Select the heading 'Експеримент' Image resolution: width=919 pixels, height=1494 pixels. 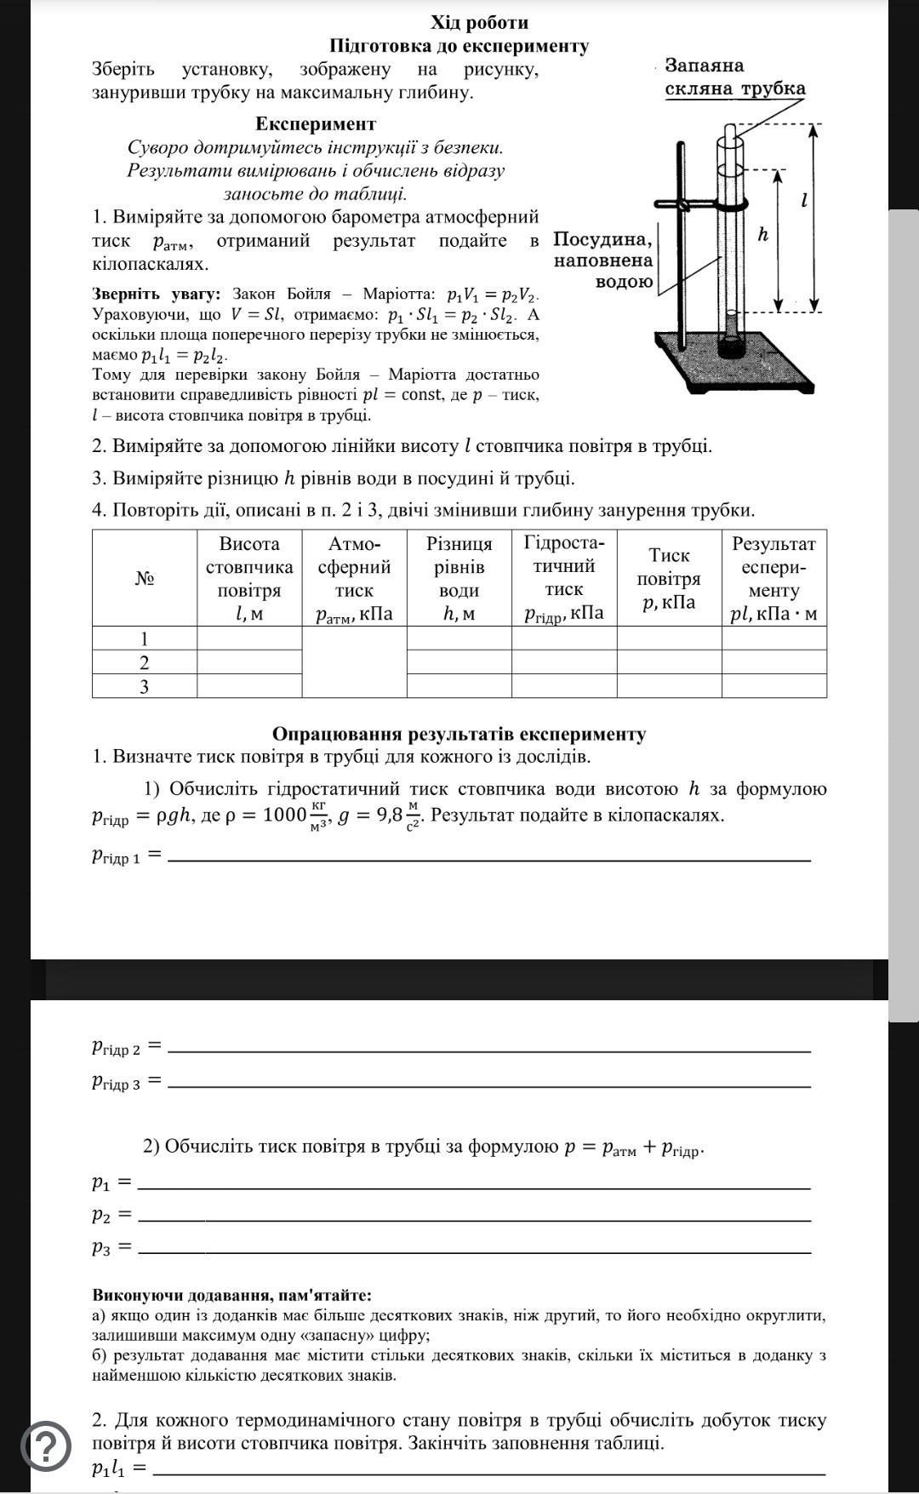pyautogui.click(x=316, y=124)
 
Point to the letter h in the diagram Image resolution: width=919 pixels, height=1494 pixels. pyautogui.click(x=763, y=233)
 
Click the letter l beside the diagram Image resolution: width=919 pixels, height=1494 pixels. pyautogui.click(x=803, y=201)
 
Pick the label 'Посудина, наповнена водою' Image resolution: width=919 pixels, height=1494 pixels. pyautogui.click(x=603, y=260)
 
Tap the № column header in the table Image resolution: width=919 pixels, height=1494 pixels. pyautogui.click(x=144, y=578)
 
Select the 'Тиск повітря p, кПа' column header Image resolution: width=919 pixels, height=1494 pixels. pyautogui.click(x=669, y=579)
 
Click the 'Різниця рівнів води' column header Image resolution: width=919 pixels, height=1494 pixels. pyautogui.click(x=459, y=578)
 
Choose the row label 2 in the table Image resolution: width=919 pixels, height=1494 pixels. pyautogui.click(x=144, y=662)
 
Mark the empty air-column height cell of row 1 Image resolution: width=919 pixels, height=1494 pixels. pyautogui.click(x=249, y=638)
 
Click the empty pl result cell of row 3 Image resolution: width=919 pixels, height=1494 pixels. pyautogui.click(x=773, y=686)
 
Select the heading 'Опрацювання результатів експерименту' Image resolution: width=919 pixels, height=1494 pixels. pyautogui.click(x=459, y=734)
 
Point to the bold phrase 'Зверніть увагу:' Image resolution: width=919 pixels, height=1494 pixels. pyautogui.click(x=156, y=295)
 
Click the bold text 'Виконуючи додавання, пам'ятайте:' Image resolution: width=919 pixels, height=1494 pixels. pyautogui.click(x=231, y=1295)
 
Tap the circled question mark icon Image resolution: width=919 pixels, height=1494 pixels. pyautogui.click(x=46, y=1445)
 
